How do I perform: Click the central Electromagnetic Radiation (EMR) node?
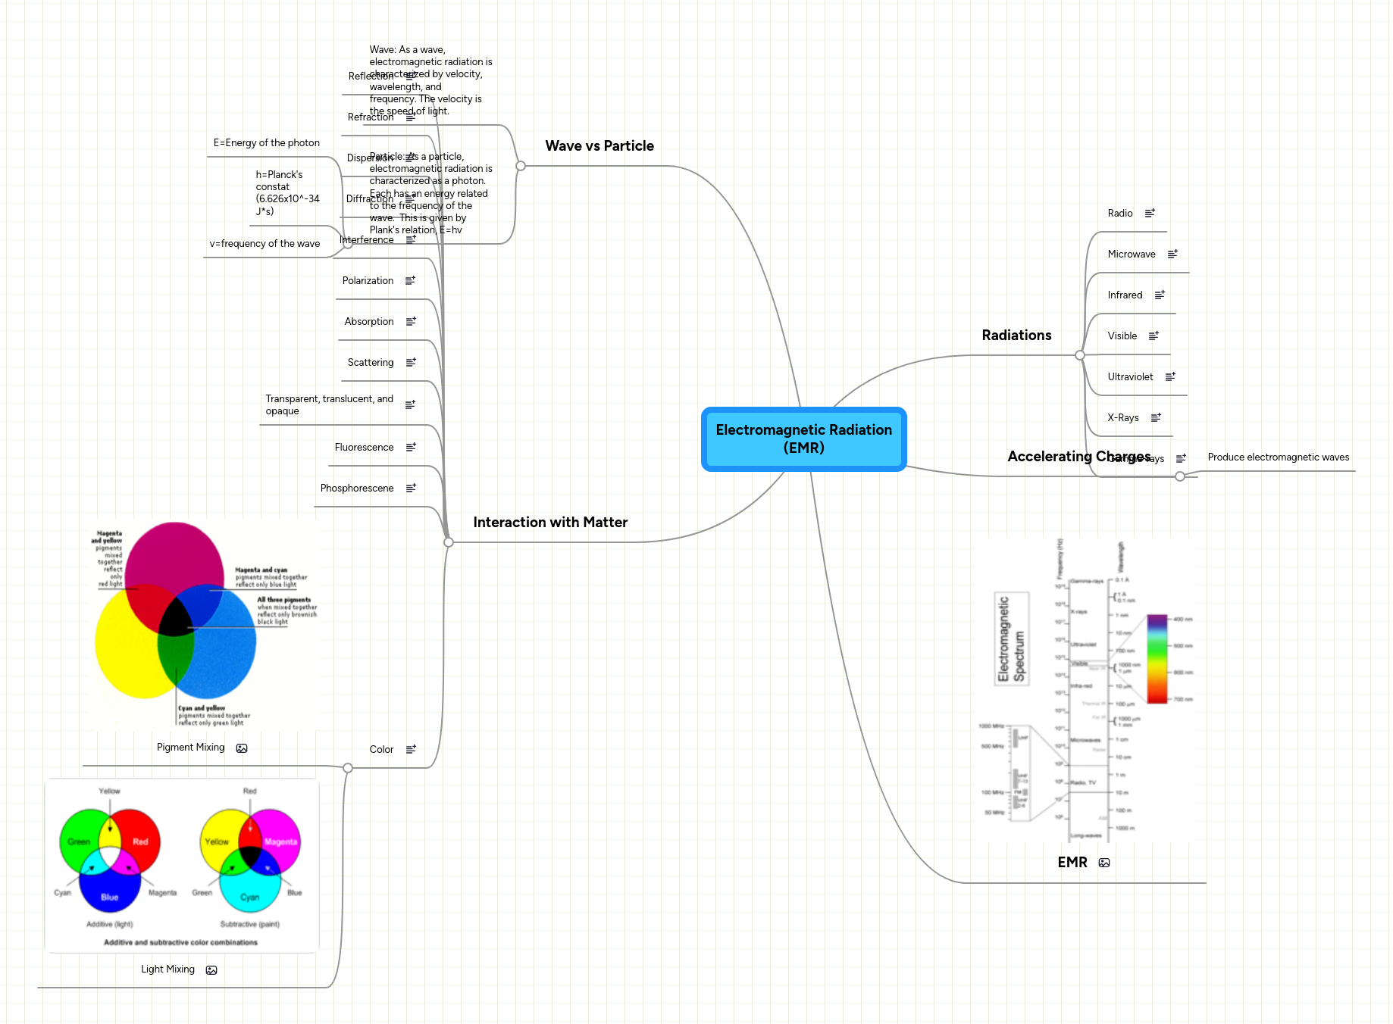pyautogui.click(x=803, y=439)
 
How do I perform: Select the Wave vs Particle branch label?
pyautogui.click(x=599, y=146)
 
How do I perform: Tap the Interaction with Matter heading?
pyautogui.click(x=549, y=523)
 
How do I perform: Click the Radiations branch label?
pyautogui.click(x=1016, y=336)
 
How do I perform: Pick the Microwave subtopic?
pyautogui.click(x=1131, y=254)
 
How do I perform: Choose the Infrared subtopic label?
pyautogui.click(x=1124, y=295)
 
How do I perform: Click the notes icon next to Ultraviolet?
pyautogui.click(x=1170, y=376)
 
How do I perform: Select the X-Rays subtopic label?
pyautogui.click(x=1122, y=418)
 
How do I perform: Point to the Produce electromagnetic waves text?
pyautogui.click(x=1278, y=457)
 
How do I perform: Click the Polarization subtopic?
pyautogui.click(x=368, y=281)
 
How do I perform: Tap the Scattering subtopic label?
pyautogui.click(x=370, y=363)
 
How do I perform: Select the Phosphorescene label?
pyautogui.click(x=356, y=489)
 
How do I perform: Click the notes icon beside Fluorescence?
pyautogui.click(x=411, y=448)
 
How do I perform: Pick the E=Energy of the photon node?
pyautogui.click(x=266, y=143)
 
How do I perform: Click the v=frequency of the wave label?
pyautogui.click(x=265, y=244)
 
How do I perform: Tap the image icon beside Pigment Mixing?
pyautogui.click(x=242, y=748)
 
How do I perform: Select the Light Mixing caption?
pyautogui.click(x=167, y=969)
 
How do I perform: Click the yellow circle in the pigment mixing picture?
pyautogui.click(x=125, y=651)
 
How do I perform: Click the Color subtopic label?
pyautogui.click(x=381, y=750)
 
